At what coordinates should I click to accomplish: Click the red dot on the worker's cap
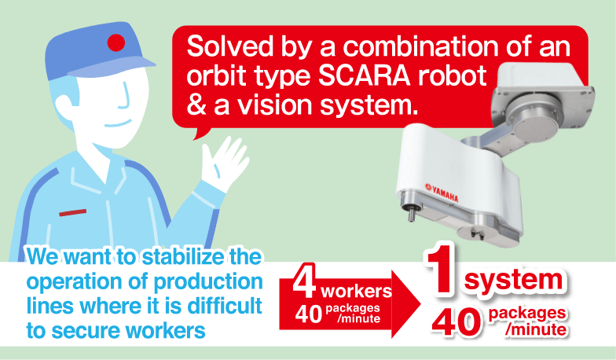click(116, 42)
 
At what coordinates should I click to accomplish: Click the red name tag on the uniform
click(72, 212)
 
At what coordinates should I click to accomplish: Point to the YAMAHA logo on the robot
click(442, 193)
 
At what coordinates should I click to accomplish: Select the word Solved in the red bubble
click(229, 46)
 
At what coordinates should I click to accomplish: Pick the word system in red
click(514, 280)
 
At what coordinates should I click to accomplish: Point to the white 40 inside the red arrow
click(309, 314)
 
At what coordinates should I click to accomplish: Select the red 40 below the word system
click(456, 322)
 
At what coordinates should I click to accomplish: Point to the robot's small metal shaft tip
click(410, 217)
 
